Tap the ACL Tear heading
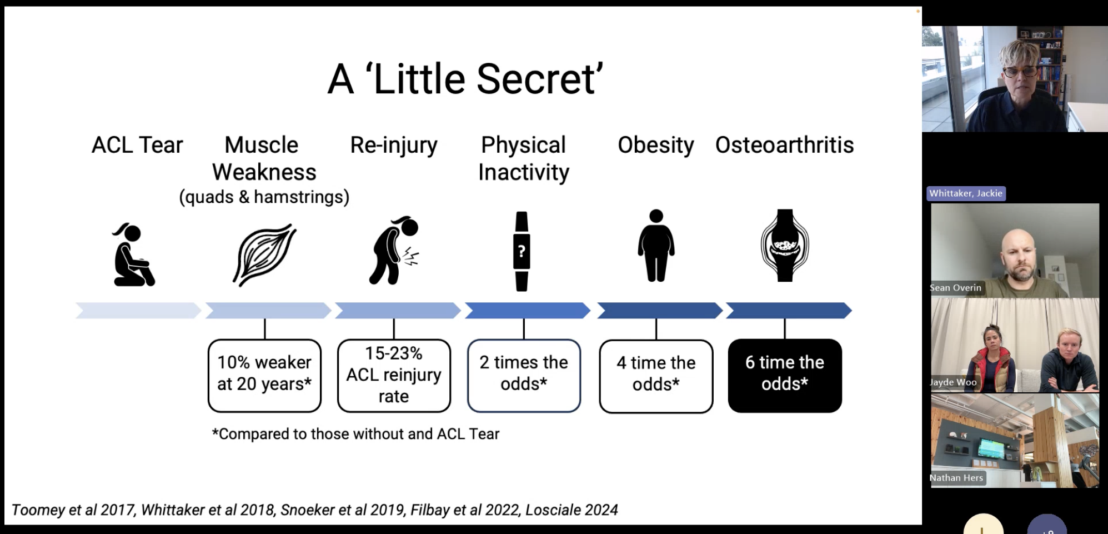(x=137, y=145)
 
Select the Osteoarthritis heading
(x=784, y=145)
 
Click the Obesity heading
(x=655, y=145)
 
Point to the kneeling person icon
(x=133, y=255)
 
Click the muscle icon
(x=264, y=255)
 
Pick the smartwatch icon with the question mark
(x=522, y=251)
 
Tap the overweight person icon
(x=656, y=246)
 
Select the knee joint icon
(x=785, y=246)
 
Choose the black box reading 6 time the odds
(x=785, y=375)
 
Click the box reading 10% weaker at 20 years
(x=264, y=375)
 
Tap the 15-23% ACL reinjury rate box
(x=394, y=375)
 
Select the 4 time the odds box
(x=656, y=376)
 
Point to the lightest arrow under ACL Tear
(x=138, y=310)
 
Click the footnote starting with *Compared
(x=355, y=434)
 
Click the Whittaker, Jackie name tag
(x=966, y=193)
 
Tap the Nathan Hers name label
(x=956, y=478)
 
